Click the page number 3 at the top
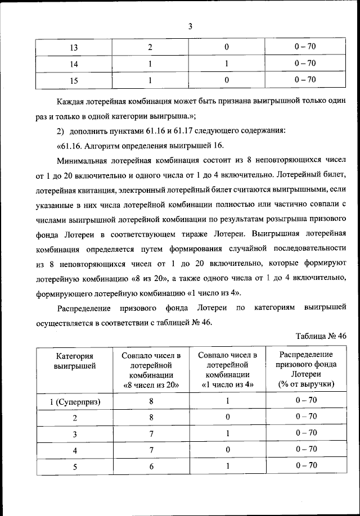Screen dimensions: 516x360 point(190,26)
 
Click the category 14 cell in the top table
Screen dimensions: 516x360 point(74,64)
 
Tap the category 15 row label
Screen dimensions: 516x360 point(74,80)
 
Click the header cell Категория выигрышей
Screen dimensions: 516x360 point(74,360)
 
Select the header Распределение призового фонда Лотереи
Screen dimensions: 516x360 point(306,369)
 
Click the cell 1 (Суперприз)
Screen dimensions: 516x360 point(74,401)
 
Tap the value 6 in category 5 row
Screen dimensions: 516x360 point(151,465)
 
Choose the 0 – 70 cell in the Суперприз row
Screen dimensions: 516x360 point(306,401)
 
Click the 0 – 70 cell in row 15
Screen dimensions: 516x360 point(305,80)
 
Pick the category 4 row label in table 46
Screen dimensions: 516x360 point(74,450)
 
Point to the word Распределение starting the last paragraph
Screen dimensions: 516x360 point(84,308)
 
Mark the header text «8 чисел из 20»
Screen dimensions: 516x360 point(151,384)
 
